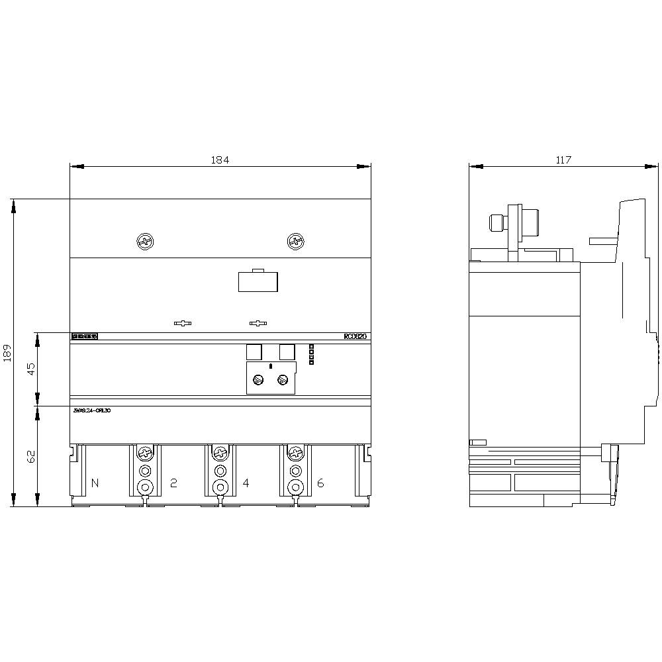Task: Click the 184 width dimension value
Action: click(x=220, y=160)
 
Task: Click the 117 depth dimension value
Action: click(x=563, y=160)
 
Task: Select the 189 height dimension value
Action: click(x=7, y=352)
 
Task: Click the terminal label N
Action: click(x=95, y=483)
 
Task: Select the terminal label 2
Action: click(x=173, y=483)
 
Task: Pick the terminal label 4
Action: click(x=246, y=483)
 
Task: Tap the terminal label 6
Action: click(x=320, y=483)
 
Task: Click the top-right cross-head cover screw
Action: click(x=295, y=242)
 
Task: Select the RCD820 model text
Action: click(x=355, y=336)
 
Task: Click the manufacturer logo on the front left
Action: click(x=85, y=336)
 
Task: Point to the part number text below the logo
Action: click(x=92, y=410)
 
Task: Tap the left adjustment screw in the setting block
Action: click(x=260, y=379)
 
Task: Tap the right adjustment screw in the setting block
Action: click(x=283, y=379)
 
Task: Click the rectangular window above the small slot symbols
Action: click(x=258, y=281)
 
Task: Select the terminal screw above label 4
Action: click(x=220, y=453)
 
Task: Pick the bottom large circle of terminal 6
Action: click(x=295, y=488)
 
